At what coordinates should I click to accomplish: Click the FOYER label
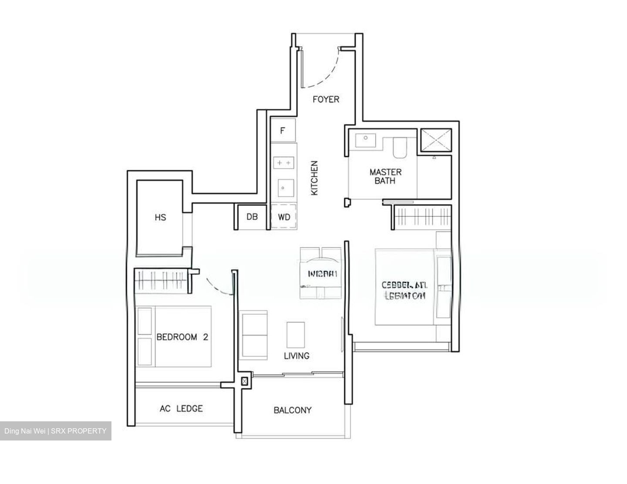[326, 99]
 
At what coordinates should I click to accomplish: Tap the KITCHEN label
[314, 178]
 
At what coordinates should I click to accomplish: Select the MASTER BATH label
[385, 176]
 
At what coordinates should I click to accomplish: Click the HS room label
[160, 217]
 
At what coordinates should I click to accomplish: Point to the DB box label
[252, 216]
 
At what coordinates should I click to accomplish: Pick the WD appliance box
[284, 216]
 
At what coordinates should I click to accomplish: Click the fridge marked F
[283, 130]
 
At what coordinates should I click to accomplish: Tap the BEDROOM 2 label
[182, 337]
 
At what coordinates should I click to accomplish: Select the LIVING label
[297, 356]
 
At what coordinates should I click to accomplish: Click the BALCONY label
[293, 410]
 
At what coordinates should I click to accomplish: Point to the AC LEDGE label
[181, 409]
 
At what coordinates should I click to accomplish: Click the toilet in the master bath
[399, 148]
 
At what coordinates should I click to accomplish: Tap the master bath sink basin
[366, 140]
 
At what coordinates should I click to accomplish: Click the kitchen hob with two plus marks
[283, 162]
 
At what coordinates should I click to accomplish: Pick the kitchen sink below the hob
[283, 188]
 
